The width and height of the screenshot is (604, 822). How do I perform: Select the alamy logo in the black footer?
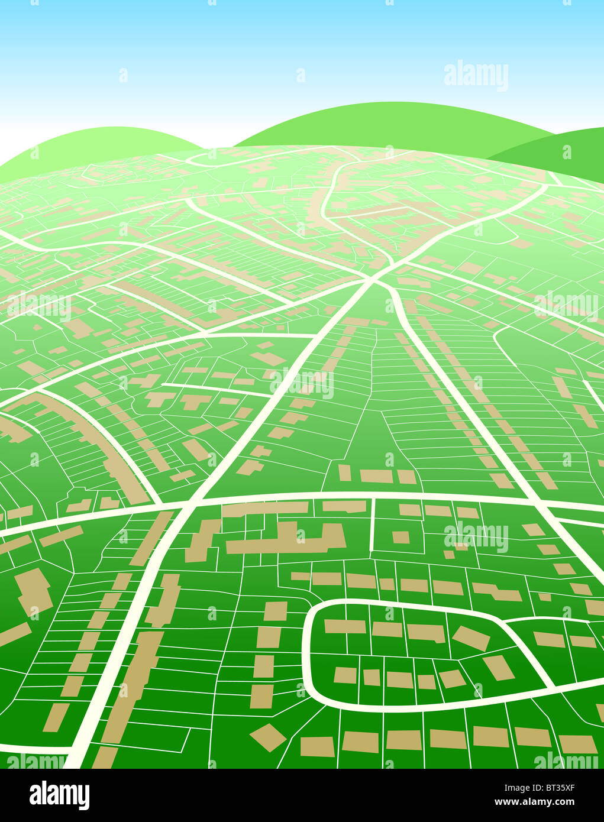pos(59,795)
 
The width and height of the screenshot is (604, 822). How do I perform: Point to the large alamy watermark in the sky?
pos(476,75)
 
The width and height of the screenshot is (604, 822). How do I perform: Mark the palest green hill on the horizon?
pos(101,142)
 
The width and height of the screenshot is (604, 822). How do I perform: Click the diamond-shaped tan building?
pos(268,737)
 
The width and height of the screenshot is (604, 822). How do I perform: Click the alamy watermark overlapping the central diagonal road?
pos(302,383)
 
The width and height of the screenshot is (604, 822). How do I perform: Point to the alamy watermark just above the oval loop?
pos(476,537)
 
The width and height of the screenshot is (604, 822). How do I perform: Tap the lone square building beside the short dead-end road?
pos(400,537)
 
